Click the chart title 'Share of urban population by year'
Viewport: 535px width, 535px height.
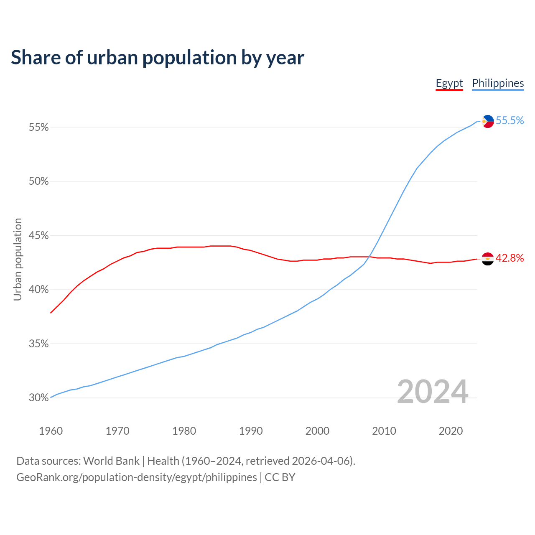tap(158, 58)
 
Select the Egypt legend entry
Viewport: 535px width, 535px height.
tap(449, 83)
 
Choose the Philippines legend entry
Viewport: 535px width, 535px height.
tap(498, 83)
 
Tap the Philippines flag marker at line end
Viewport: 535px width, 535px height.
tap(488, 121)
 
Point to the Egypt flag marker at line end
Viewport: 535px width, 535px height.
tap(488, 259)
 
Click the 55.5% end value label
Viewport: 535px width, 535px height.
tap(510, 121)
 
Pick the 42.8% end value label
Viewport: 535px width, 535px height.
tap(510, 258)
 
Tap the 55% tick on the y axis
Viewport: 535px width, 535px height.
tap(38, 127)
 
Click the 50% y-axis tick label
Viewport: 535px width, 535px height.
tap(38, 181)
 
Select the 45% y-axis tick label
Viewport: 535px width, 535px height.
tap(38, 236)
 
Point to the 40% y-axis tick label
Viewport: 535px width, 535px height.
tap(38, 290)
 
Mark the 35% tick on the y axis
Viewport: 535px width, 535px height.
tap(38, 344)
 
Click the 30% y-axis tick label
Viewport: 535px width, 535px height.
tap(38, 398)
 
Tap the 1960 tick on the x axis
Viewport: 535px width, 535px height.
tap(51, 431)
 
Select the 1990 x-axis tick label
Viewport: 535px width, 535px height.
tap(251, 431)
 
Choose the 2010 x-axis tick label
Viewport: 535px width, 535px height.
tap(384, 431)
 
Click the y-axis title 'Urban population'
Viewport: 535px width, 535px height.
tap(18, 259)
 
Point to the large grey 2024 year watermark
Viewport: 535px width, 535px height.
tap(433, 392)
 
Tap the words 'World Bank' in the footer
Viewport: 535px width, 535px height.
tap(111, 461)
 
